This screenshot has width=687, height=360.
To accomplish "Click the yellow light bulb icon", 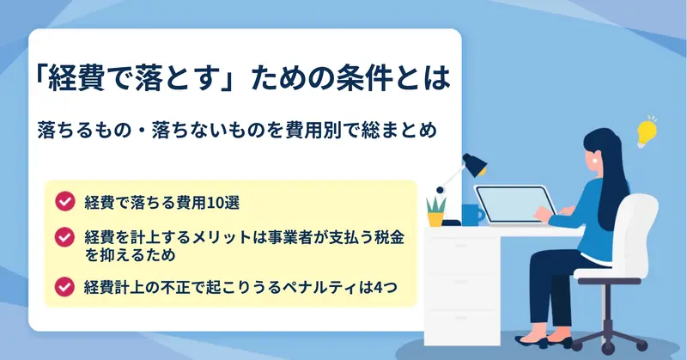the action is pyautogui.click(x=647, y=131).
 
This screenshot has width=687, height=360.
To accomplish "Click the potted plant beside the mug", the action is pyautogui.click(x=436, y=211).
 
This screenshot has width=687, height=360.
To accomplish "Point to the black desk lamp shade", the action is pyautogui.click(x=475, y=164).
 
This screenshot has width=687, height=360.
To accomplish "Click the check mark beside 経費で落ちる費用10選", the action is pyautogui.click(x=65, y=201).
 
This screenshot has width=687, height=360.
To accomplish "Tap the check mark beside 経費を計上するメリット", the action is pyautogui.click(x=65, y=237).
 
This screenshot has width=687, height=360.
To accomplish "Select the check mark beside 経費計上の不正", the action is pyautogui.click(x=65, y=287).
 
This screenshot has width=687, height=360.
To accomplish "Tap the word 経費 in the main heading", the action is pyautogui.click(x=76, y=78).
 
